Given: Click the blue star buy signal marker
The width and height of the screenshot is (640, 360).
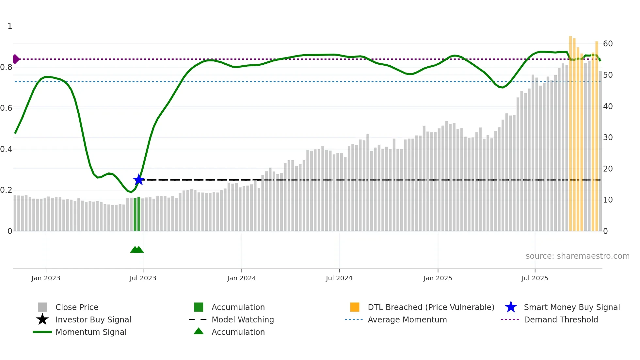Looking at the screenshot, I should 139,180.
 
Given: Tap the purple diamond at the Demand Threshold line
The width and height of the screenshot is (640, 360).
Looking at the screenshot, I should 16,59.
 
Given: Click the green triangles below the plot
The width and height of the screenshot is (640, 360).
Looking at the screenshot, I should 137,250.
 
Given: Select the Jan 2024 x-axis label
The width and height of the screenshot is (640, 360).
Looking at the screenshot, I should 241,278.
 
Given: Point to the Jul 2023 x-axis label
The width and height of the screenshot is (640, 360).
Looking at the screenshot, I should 143,278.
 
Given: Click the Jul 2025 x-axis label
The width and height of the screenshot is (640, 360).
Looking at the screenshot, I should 535,278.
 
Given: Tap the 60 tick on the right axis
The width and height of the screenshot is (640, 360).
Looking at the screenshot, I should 608,44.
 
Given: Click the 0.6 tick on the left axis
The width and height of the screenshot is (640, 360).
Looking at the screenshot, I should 6,108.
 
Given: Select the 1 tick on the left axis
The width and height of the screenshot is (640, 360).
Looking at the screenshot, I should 10,26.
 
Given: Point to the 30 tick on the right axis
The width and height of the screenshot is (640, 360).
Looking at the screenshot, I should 608,138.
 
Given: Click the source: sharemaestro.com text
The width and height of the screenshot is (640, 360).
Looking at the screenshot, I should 577,256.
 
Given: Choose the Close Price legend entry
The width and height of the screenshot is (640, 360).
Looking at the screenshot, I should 77,307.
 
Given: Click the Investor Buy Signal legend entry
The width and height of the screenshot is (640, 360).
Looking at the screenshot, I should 93,319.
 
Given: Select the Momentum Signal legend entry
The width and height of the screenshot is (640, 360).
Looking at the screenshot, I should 91,332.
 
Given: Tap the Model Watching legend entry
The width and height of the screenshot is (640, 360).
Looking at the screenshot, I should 243,319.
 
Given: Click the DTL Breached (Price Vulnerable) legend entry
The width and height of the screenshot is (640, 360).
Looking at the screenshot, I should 431,307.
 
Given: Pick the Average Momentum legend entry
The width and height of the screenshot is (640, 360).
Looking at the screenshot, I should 407,319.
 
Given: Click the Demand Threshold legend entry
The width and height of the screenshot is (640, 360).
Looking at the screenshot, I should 561,319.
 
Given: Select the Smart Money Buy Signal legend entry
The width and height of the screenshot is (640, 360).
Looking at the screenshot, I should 571,307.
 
